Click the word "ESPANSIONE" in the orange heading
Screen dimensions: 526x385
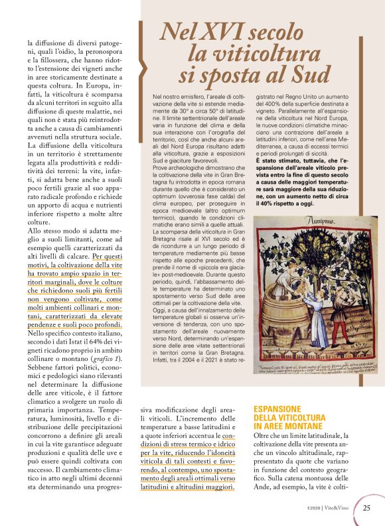pos(280,409)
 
